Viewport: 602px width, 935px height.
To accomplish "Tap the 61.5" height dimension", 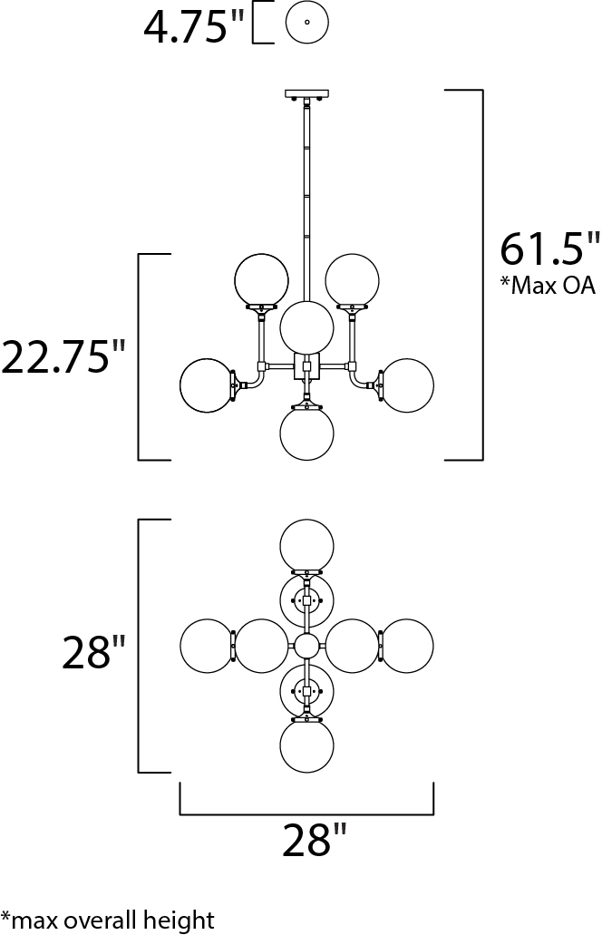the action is [549, 248].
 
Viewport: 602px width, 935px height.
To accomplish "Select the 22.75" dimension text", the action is [63, 356].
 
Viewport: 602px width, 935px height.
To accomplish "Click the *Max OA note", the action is [548, 286].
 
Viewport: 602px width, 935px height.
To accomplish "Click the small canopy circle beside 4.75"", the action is [307, 23].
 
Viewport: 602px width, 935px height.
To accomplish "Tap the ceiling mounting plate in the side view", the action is [307, 93].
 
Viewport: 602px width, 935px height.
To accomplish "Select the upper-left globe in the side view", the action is [261, 279].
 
